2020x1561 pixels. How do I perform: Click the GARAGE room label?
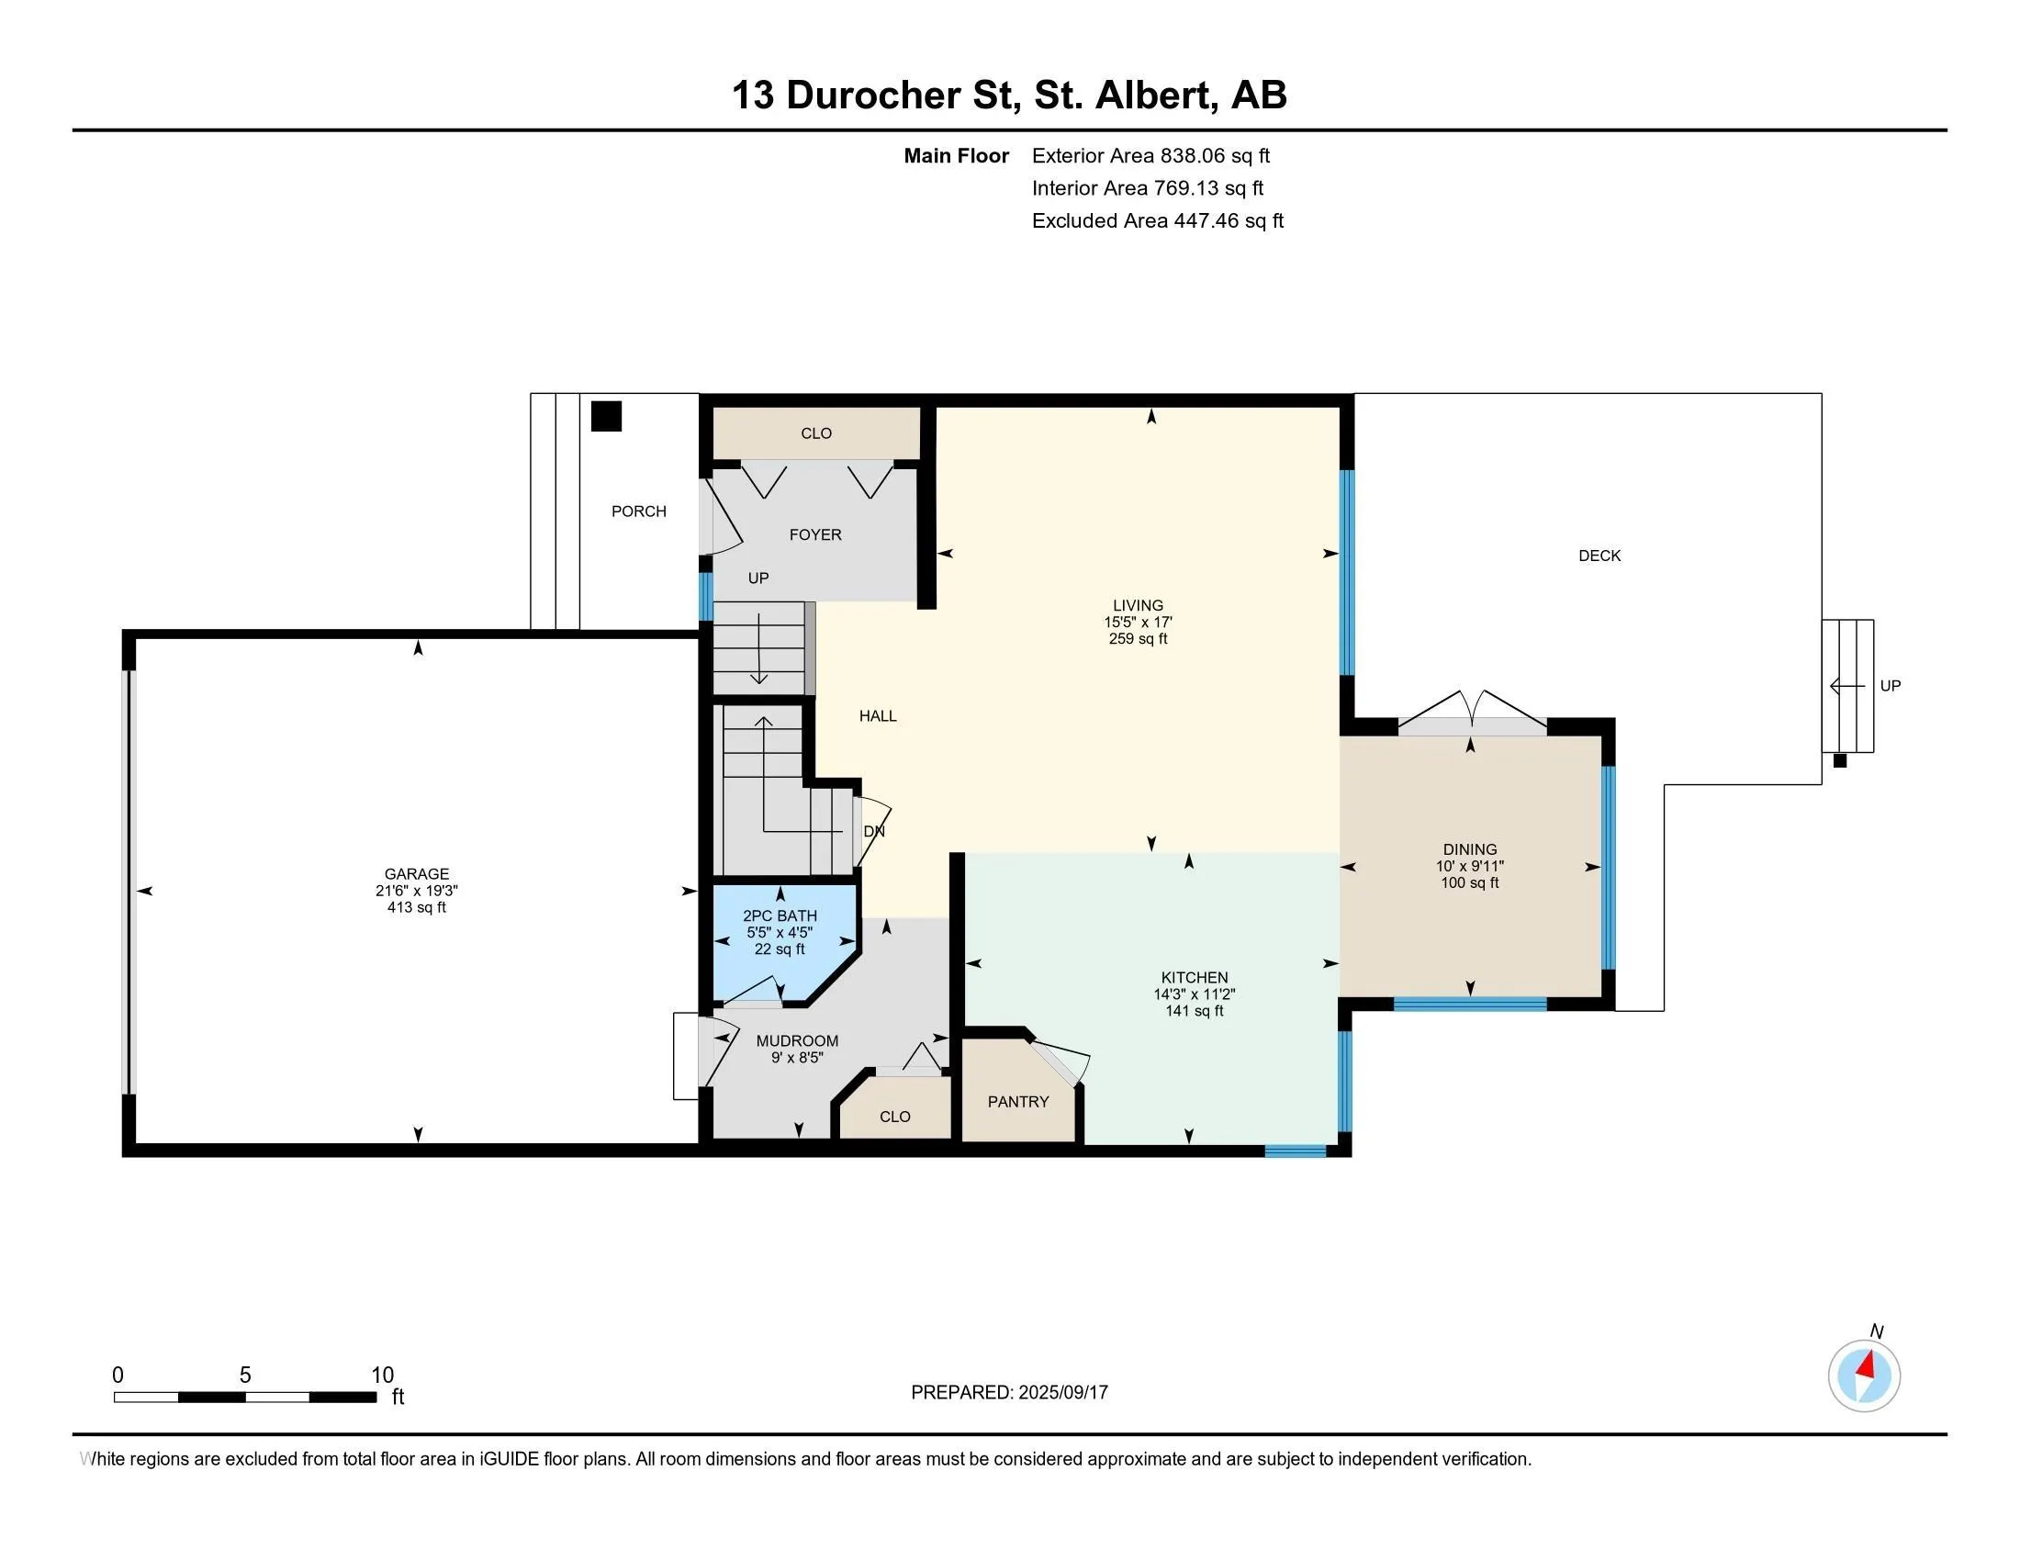click(417, 874)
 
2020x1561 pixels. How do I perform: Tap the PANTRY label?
click(1018, 1101)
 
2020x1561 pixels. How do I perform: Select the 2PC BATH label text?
click(780, 916)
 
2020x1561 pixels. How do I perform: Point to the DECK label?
click(1599, 556)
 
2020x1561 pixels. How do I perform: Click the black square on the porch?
click(607, 416)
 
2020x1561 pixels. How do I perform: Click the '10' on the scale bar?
click(382, 1376)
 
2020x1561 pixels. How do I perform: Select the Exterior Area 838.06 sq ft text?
click(1150, 155)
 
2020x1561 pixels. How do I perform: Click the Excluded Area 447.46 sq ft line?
click(1158, 220)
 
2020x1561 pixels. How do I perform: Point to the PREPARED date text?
click(1009, 1393)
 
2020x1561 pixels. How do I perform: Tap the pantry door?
click(1060, 1061)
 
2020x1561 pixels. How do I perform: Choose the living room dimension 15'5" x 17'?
click(1138, 623)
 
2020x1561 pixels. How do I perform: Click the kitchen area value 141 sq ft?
click(1194, 1011)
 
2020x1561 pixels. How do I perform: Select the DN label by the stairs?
click(874, 831)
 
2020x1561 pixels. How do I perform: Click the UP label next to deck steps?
click(1891, 686)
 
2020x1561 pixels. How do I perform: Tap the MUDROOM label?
click(797, 1040)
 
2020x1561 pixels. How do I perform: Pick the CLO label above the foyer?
click(816, 433)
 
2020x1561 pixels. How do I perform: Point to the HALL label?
click(878, 716)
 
